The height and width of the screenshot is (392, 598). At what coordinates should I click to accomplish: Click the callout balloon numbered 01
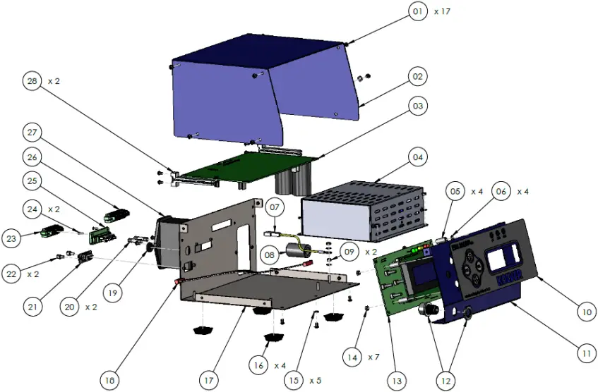(x=419, y=12)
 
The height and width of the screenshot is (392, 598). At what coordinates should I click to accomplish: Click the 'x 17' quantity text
(x=442, y=12)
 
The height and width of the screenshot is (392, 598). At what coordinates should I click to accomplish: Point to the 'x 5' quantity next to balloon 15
(x=316, y=381)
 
